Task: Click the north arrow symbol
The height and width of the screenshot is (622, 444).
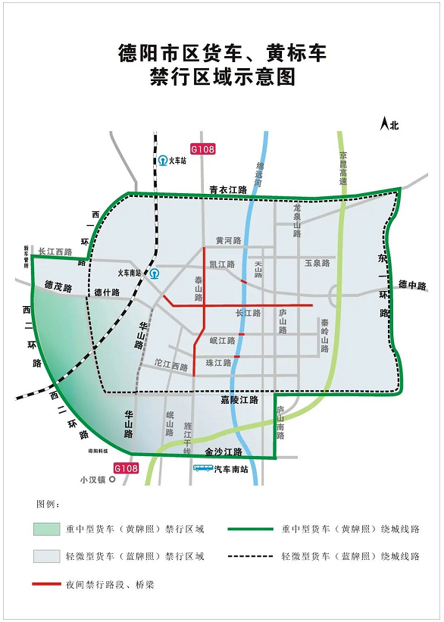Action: click(x=385, y=123)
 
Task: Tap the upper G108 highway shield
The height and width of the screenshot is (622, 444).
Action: click(x=202, y=149)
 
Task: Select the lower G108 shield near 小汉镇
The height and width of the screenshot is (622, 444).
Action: click(x=127, y=469)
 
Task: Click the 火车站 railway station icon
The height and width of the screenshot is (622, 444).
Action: click(x=163, y=161)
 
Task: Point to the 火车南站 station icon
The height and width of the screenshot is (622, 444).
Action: click(x=155, y=273)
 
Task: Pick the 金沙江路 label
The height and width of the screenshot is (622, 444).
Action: click(x=223, y=452)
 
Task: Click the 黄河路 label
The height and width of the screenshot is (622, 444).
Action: click(x=228, y=241)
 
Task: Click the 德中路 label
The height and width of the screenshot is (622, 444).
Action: click(x=413, y=286)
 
